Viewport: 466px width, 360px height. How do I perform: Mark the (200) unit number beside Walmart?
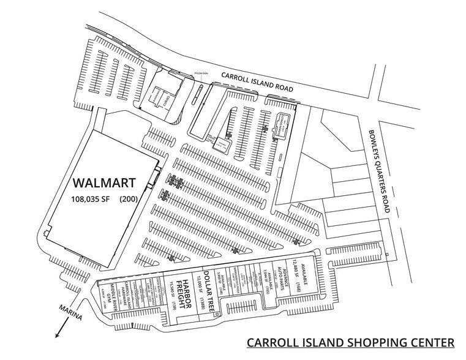(129, 198)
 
